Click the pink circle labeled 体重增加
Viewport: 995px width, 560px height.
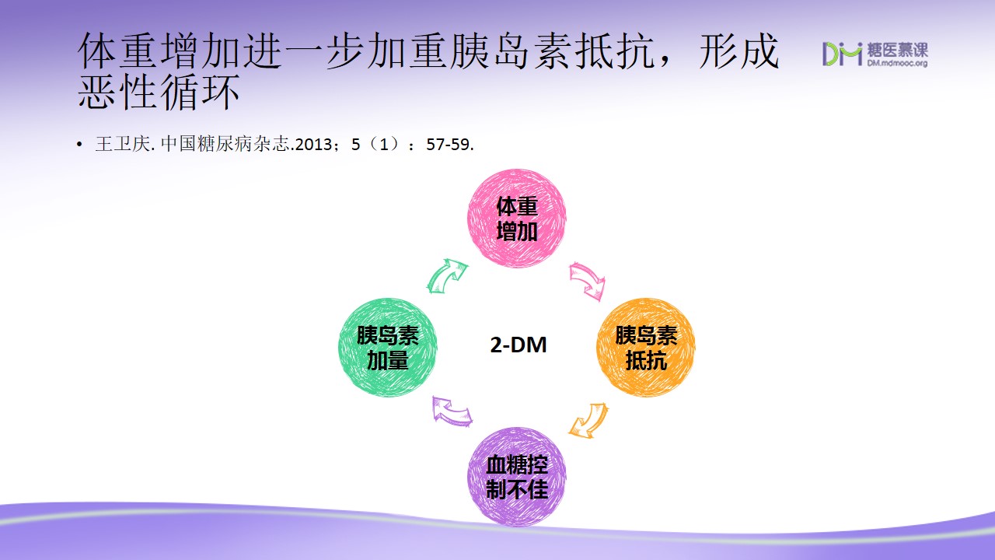point(517,219)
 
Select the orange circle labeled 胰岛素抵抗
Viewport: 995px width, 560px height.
point(646,348)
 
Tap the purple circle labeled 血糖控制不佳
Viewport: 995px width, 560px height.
point(517,477)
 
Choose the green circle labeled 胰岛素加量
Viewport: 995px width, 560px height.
point(387,348)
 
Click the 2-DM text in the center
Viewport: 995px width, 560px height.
point(518,345)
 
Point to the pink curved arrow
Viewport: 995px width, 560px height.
point(587,280)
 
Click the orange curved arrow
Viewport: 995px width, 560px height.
point(589,421)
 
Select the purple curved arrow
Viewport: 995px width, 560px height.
point(452,411)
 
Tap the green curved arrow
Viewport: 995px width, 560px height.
point(447,275)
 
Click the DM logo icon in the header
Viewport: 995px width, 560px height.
point(842,54)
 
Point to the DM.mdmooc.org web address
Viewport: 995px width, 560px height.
point(897,63)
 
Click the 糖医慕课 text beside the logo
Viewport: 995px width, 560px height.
point(897,50)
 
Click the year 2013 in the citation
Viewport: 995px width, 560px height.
point(313,145)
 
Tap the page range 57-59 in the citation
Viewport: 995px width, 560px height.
point(448,145)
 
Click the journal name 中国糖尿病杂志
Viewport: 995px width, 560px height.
point(225,144)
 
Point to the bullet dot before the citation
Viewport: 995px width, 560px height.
point(79,145)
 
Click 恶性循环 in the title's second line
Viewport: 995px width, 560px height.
point(159,92)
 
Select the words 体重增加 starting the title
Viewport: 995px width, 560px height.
point(159,51)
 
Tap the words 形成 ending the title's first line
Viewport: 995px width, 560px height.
point(738,51)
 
